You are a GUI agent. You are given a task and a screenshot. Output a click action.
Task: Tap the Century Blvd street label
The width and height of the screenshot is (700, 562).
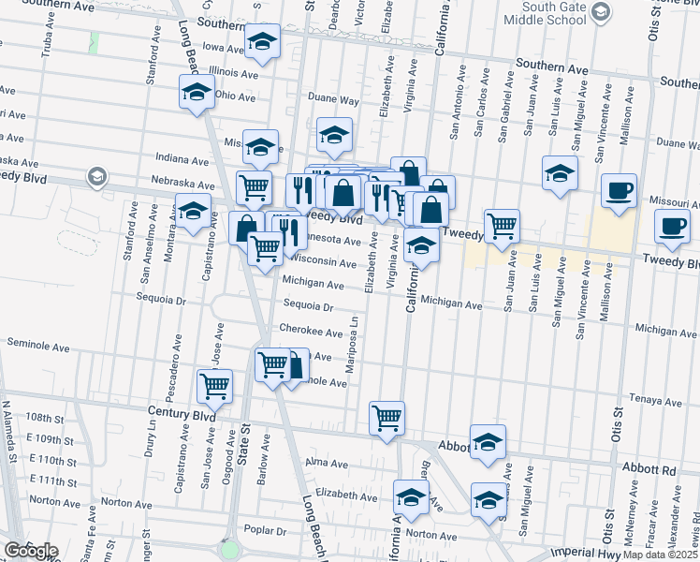point(181,412)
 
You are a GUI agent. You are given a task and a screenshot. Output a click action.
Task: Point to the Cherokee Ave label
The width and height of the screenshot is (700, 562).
point(313,331)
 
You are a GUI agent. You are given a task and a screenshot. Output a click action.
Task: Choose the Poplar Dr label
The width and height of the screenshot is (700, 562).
point(263,530)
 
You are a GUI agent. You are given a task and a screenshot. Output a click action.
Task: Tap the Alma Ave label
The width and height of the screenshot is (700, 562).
point(327,464)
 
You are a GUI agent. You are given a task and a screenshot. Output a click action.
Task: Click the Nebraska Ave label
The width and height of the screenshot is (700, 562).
point(190,183)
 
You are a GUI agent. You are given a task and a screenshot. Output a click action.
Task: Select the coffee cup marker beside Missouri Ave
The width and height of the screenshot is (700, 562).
point(619,190)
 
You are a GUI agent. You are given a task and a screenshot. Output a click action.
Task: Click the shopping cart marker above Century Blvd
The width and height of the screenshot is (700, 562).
point(215,385)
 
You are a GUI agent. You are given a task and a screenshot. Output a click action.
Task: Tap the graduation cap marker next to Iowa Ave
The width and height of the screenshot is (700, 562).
point(263,41)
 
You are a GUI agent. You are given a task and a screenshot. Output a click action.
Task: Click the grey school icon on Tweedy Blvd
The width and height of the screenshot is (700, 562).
point(95,176)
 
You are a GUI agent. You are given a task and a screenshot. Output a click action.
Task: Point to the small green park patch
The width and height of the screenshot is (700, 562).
point(94,43)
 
